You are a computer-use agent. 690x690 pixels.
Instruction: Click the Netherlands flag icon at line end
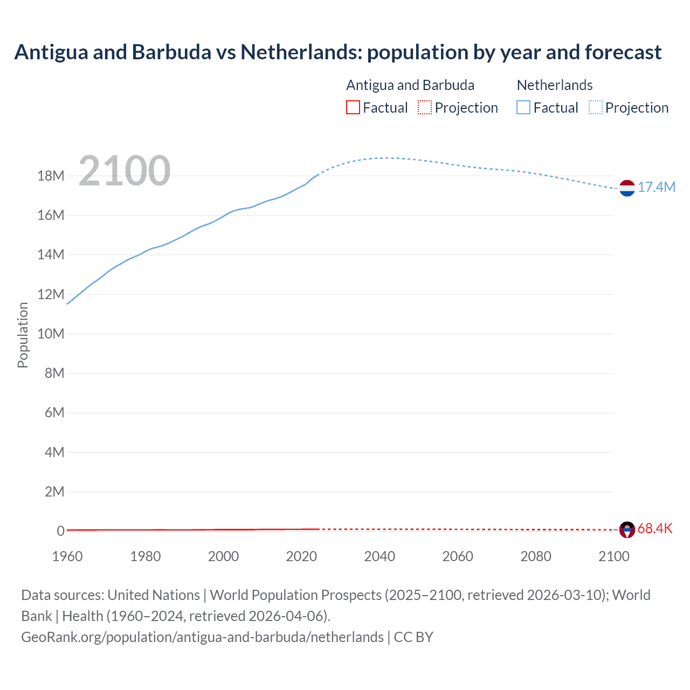click(x=627, y=188)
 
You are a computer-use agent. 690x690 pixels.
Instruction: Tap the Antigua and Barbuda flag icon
click(x=627, y=529)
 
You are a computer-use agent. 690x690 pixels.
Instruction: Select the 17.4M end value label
click(x=657, y=187)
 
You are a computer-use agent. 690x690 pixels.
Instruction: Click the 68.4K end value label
click(x=655, y=528)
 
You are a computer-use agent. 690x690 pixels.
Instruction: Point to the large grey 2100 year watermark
click(x=125, y=171)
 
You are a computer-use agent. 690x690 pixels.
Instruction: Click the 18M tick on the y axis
click(x=51, y=176)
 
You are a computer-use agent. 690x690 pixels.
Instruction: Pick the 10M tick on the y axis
click(x=51, y=334)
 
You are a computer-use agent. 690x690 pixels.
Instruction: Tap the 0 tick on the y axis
click(x=60, y=531)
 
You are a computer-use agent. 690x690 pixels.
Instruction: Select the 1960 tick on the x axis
click(x=67, y=556)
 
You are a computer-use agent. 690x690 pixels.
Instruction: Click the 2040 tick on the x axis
click(x=379, y=556)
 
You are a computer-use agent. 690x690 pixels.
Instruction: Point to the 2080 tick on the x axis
click(x=536, y=556)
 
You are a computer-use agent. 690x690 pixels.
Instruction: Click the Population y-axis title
click(x=23, y=335)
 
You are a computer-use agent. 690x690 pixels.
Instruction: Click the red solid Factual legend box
click(x=353, y=107)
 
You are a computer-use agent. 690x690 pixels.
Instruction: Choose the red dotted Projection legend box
click(x=425, y=107)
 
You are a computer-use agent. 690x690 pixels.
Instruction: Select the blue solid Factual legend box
click(x=523, y=107)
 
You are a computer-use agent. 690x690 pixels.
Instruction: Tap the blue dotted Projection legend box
click(x=595, y=107)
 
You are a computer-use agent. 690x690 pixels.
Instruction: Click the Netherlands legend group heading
click(x=555, y=85)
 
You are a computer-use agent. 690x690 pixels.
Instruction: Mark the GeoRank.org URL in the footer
click(x=202, y=637)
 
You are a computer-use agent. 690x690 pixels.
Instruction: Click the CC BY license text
click(x=413, y=637)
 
